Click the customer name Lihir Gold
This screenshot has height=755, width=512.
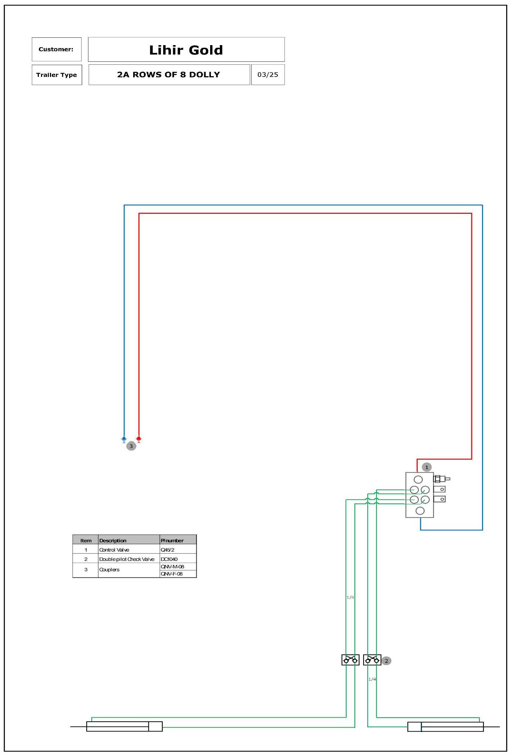coord(186,50)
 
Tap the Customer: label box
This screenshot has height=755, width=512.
coord(57,49)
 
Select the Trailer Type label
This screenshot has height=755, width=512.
coord(57,75)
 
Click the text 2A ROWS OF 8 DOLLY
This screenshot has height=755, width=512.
coord(169,74)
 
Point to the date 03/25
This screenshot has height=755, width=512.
coord(268,74)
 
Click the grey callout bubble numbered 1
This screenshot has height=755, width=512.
coord(427,467)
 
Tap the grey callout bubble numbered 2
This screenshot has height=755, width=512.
coord(386,661)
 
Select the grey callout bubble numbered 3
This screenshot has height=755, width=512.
coord(131,446)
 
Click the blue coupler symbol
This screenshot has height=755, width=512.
coord(124,439)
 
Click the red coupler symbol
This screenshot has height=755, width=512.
coord(139,439)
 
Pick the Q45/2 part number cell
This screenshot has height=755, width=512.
coord(168,550)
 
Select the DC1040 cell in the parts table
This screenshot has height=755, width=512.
coord(169,559)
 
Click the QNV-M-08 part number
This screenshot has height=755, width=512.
coord(172,566)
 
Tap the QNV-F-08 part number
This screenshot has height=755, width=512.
coord(172,574)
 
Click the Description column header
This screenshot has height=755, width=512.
coord(113,540)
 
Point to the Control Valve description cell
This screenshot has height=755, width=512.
coord(114,550)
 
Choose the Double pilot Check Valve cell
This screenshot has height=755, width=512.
coord(127,559)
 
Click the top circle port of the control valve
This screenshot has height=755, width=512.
coord(418,479)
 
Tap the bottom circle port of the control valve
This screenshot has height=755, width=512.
coord(420,511)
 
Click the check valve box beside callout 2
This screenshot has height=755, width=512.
coord(372,660)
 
